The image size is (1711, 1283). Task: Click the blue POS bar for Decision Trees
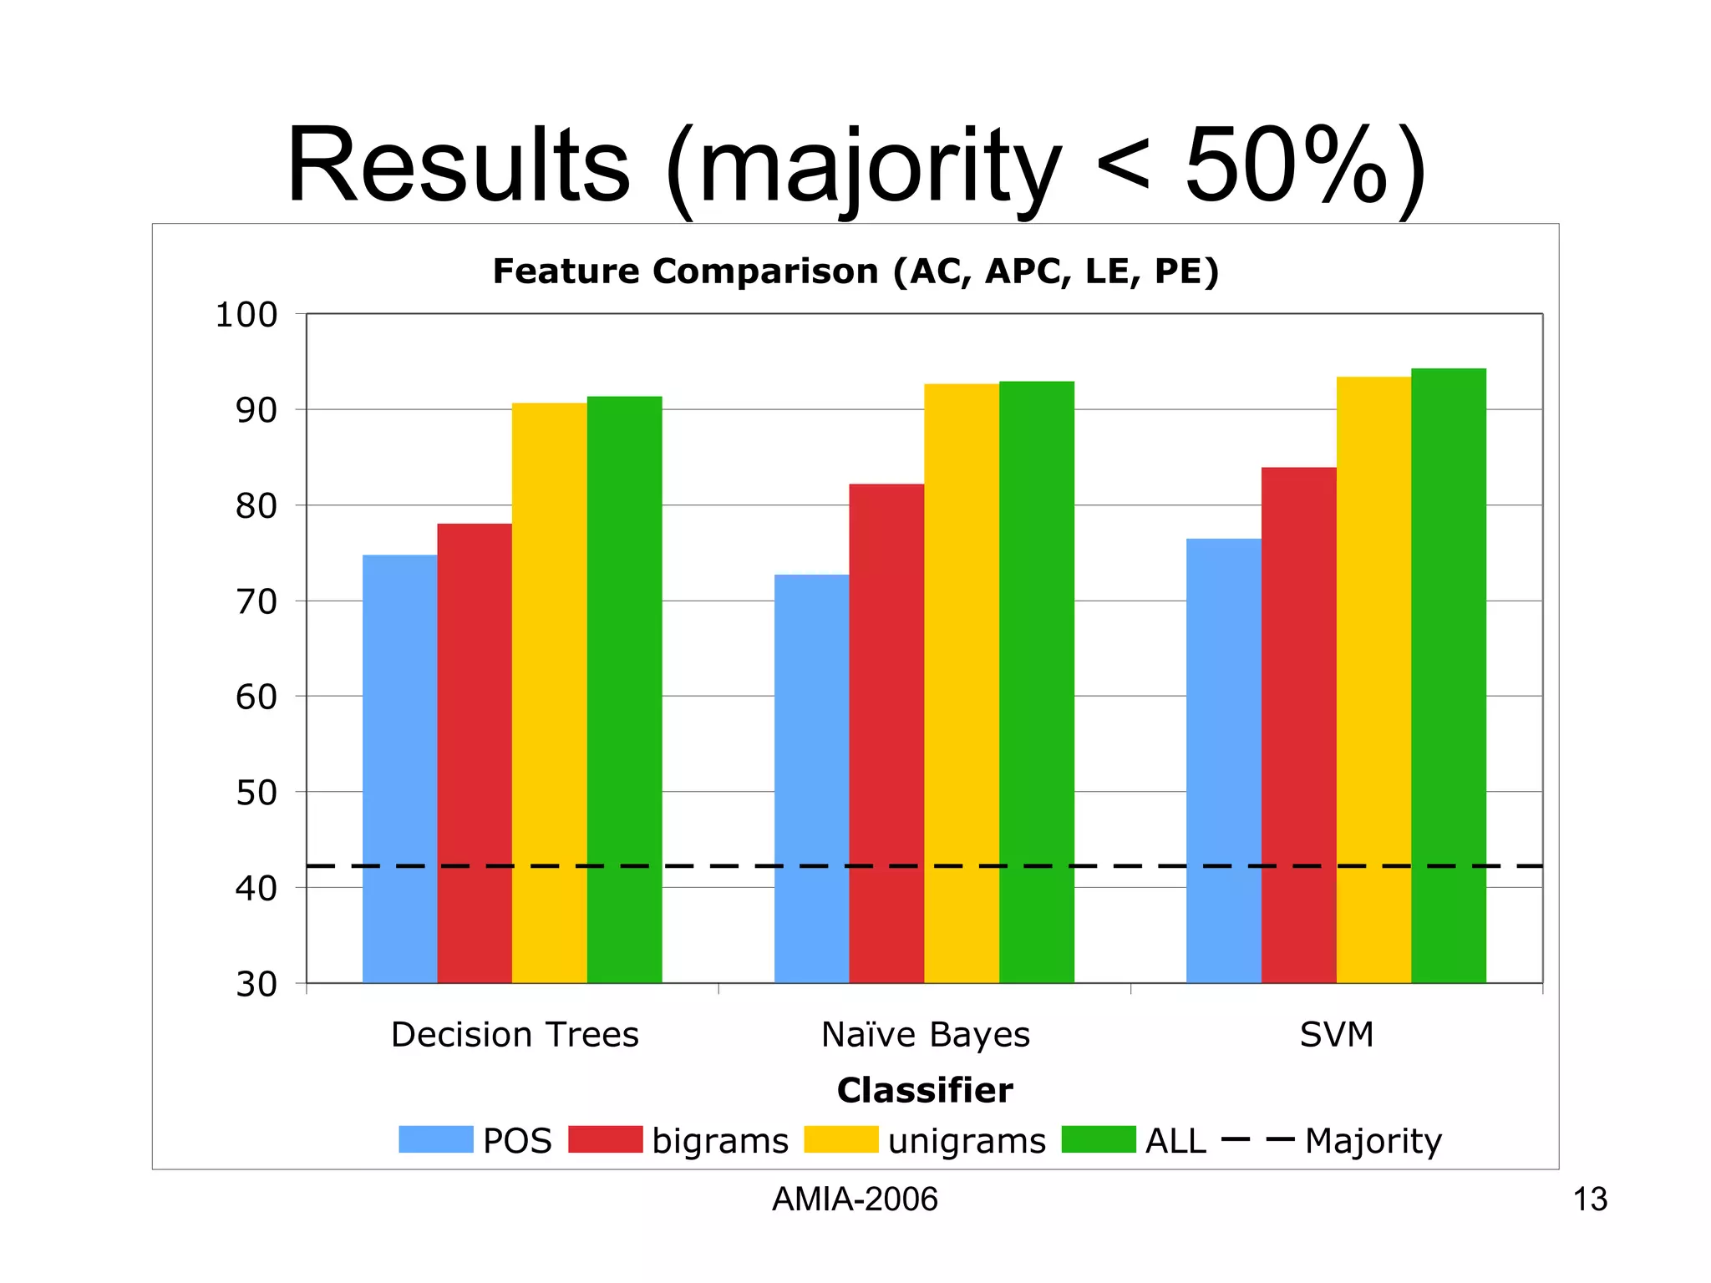point(399,768)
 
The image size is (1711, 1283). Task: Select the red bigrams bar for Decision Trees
point(475,752)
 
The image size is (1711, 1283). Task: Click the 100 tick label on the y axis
point(246,316)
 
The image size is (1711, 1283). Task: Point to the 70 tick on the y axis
point(256,602)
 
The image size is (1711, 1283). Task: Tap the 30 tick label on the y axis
point(256,985)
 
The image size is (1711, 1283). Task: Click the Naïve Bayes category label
point(926,1035)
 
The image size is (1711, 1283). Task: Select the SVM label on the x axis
point(1337,1035)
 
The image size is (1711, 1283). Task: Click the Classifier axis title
point(925,1091)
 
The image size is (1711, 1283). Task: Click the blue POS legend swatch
point(435,1139)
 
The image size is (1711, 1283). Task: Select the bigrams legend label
point(720,1141)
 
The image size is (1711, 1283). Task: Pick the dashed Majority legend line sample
point(1257,1139)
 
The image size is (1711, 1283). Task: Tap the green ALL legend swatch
point(1099,1139)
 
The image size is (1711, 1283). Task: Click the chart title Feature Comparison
point(855,271)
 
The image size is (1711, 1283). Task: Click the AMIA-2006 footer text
point(855,1199)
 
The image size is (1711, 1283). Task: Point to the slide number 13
point(1590,1199)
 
